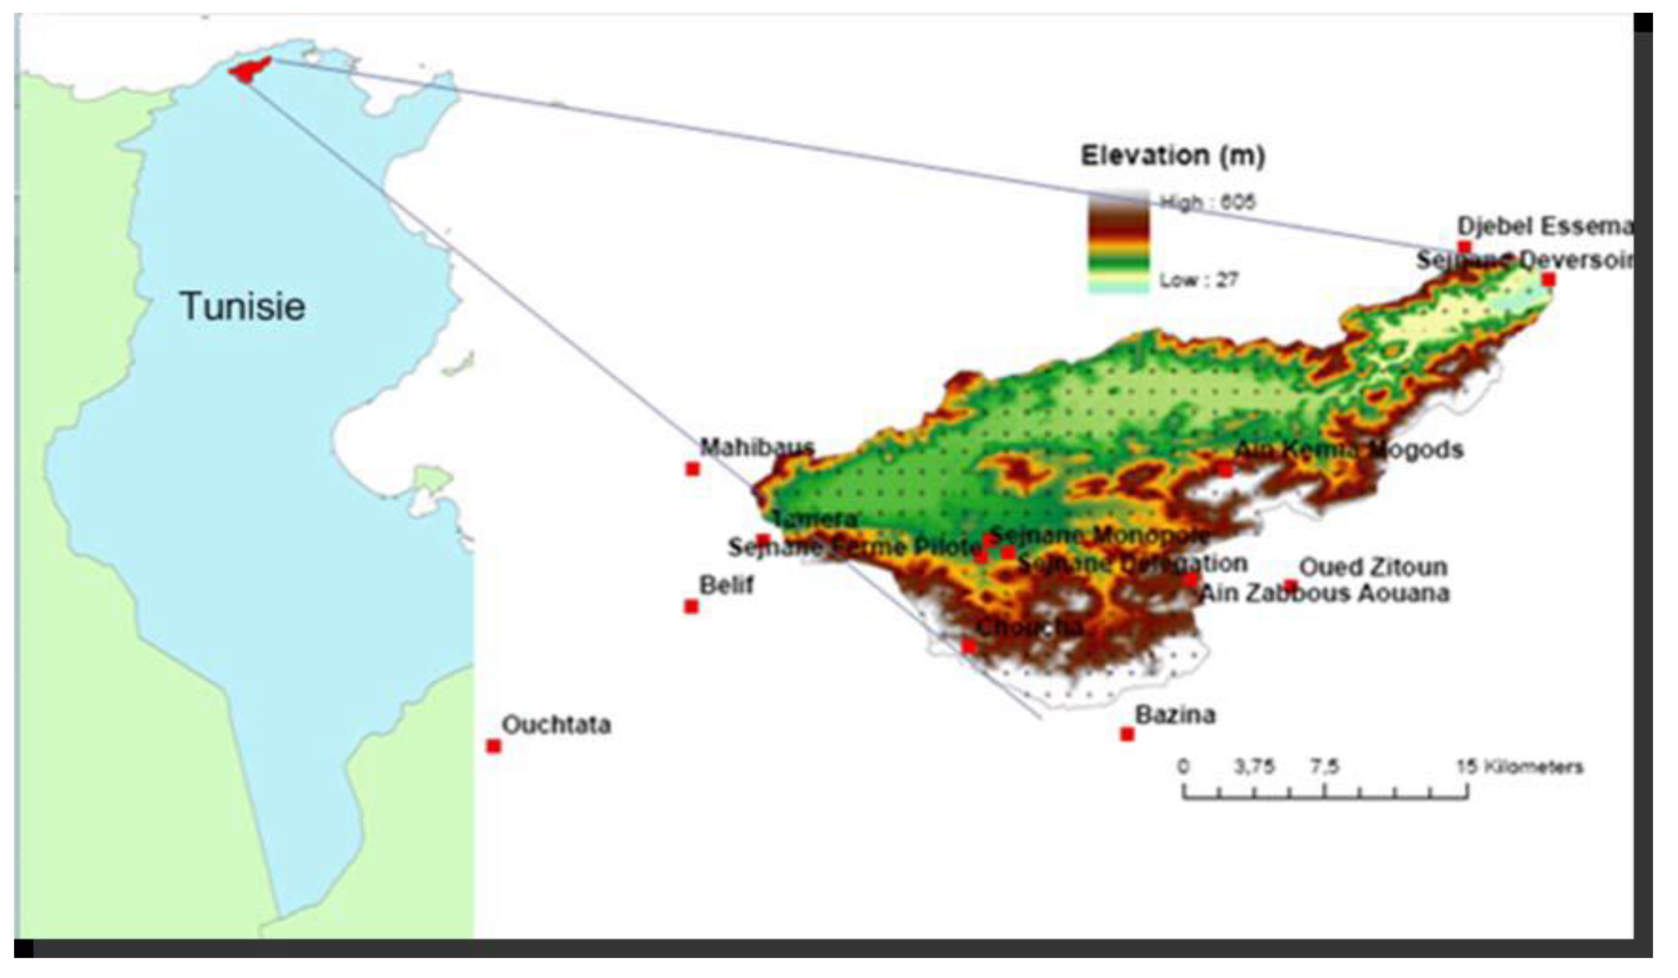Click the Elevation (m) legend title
tap(1172, 156)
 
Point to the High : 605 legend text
tap(1207, 202)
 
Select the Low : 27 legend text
tap(1198, 280)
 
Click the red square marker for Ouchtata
tap(493, 746)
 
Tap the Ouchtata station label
tap(556, 725)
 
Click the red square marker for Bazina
tap(1127, 734)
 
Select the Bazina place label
tap(1175, 715)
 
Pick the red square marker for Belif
tap(691, 607)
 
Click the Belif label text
tap(726, 585)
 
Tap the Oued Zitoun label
tap(1373, 567)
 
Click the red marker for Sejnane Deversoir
tap(1549, 279)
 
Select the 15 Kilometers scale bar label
tap(1519, 767)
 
